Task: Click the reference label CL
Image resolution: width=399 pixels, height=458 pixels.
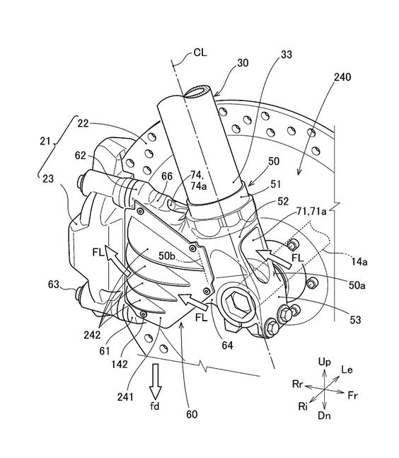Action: pos(200,52)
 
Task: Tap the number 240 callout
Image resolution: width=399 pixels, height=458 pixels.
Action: pos(342,77)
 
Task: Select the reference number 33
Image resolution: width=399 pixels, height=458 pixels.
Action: pos(287,55)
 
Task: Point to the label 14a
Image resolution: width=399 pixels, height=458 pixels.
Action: pos(359,262)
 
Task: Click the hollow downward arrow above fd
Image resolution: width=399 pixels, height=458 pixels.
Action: pos(155,378)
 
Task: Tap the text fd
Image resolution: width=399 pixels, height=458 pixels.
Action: pos(155,406)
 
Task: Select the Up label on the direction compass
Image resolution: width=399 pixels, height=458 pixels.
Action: pos(324,362)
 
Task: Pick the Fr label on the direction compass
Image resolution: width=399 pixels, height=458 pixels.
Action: pos(352,396)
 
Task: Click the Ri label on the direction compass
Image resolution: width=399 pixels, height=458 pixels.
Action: pos(303,406)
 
